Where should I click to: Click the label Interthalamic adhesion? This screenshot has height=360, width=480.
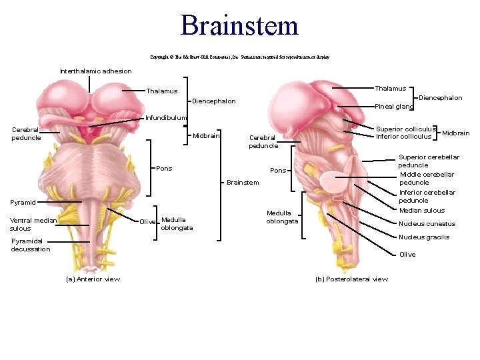pyautogui.click(x=96, y=71)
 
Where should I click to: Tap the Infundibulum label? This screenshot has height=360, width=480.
pyautogui.click(x=167, y=118)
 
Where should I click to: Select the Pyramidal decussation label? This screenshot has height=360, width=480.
pyautogui.click(x=31, y=245)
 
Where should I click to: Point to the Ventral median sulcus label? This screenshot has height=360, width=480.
pyautogui.click(x=33, y=224)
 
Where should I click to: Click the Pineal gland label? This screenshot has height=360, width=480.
pyautogui.click(x=395, y=106)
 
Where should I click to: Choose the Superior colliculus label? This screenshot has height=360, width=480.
pyautogui.click(x=406, y=129)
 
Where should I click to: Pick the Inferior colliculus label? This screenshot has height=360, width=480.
pyautogui.click(x=403, y=137)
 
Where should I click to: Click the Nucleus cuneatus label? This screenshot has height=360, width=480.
pyautogui.click(x=427, y=224)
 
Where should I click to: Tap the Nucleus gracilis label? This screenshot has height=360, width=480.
pyautogui.click(x=424, y=237)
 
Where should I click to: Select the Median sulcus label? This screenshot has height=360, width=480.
pyautogui.click(x=421, y=211)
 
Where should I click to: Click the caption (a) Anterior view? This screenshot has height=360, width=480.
pyautogui.click(x=93, y=279)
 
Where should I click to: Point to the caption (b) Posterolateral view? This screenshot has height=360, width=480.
pyautogui.click(x=351, y=279)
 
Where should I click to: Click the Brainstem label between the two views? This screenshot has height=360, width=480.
pyautogui.click(x=243, y=183)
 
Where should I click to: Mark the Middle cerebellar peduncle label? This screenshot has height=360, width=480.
pyautogui.click(x=427, y=178)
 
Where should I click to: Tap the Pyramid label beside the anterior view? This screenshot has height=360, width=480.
pyautogui.click(x=23, y=202)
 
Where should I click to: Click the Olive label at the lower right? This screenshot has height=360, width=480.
pyautogui.click(x=407, y=255)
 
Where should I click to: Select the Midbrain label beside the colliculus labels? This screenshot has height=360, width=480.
pyautogui.click(x=455, y=133)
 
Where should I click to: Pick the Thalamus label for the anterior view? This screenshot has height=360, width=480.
pyautogui.click(x=161, y=91)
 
